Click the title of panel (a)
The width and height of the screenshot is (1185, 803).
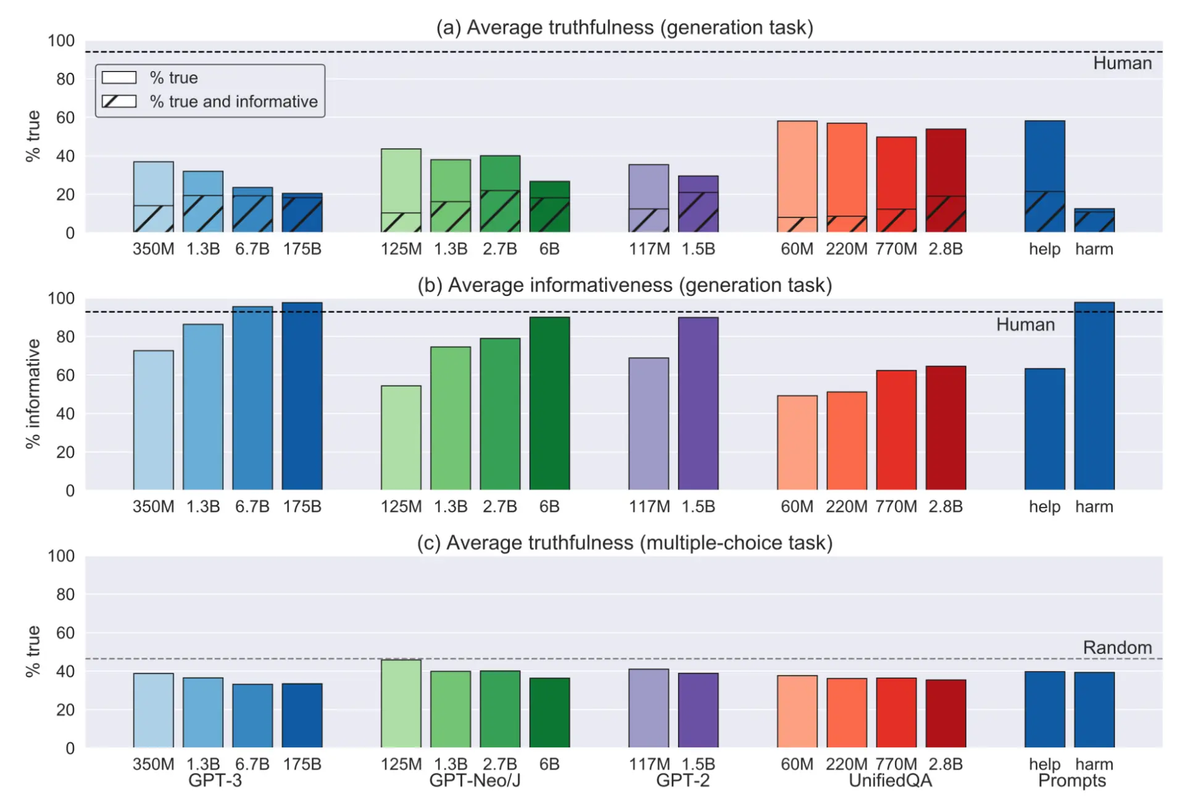[624, 28]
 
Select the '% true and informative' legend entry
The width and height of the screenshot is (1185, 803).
[233, 102]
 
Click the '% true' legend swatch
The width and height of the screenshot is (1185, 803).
[119, 78]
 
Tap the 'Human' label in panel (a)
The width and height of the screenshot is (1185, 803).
[1121, 64]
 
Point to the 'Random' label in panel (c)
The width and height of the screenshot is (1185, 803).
[1116, 648]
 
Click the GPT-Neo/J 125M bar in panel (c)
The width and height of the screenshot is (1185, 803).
[401, 704]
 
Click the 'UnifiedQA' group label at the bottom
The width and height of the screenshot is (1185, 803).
[889, 781]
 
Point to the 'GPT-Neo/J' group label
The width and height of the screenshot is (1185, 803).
[475, 781]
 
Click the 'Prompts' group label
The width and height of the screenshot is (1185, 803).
[1071, 781]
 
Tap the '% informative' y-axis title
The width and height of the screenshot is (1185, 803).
[33, 393]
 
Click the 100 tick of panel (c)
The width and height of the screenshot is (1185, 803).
[61, 556]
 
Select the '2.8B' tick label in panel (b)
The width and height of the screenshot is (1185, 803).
[945, 507]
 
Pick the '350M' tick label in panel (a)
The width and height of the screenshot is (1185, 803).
[153, 249]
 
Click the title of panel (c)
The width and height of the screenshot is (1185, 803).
[624, 543]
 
